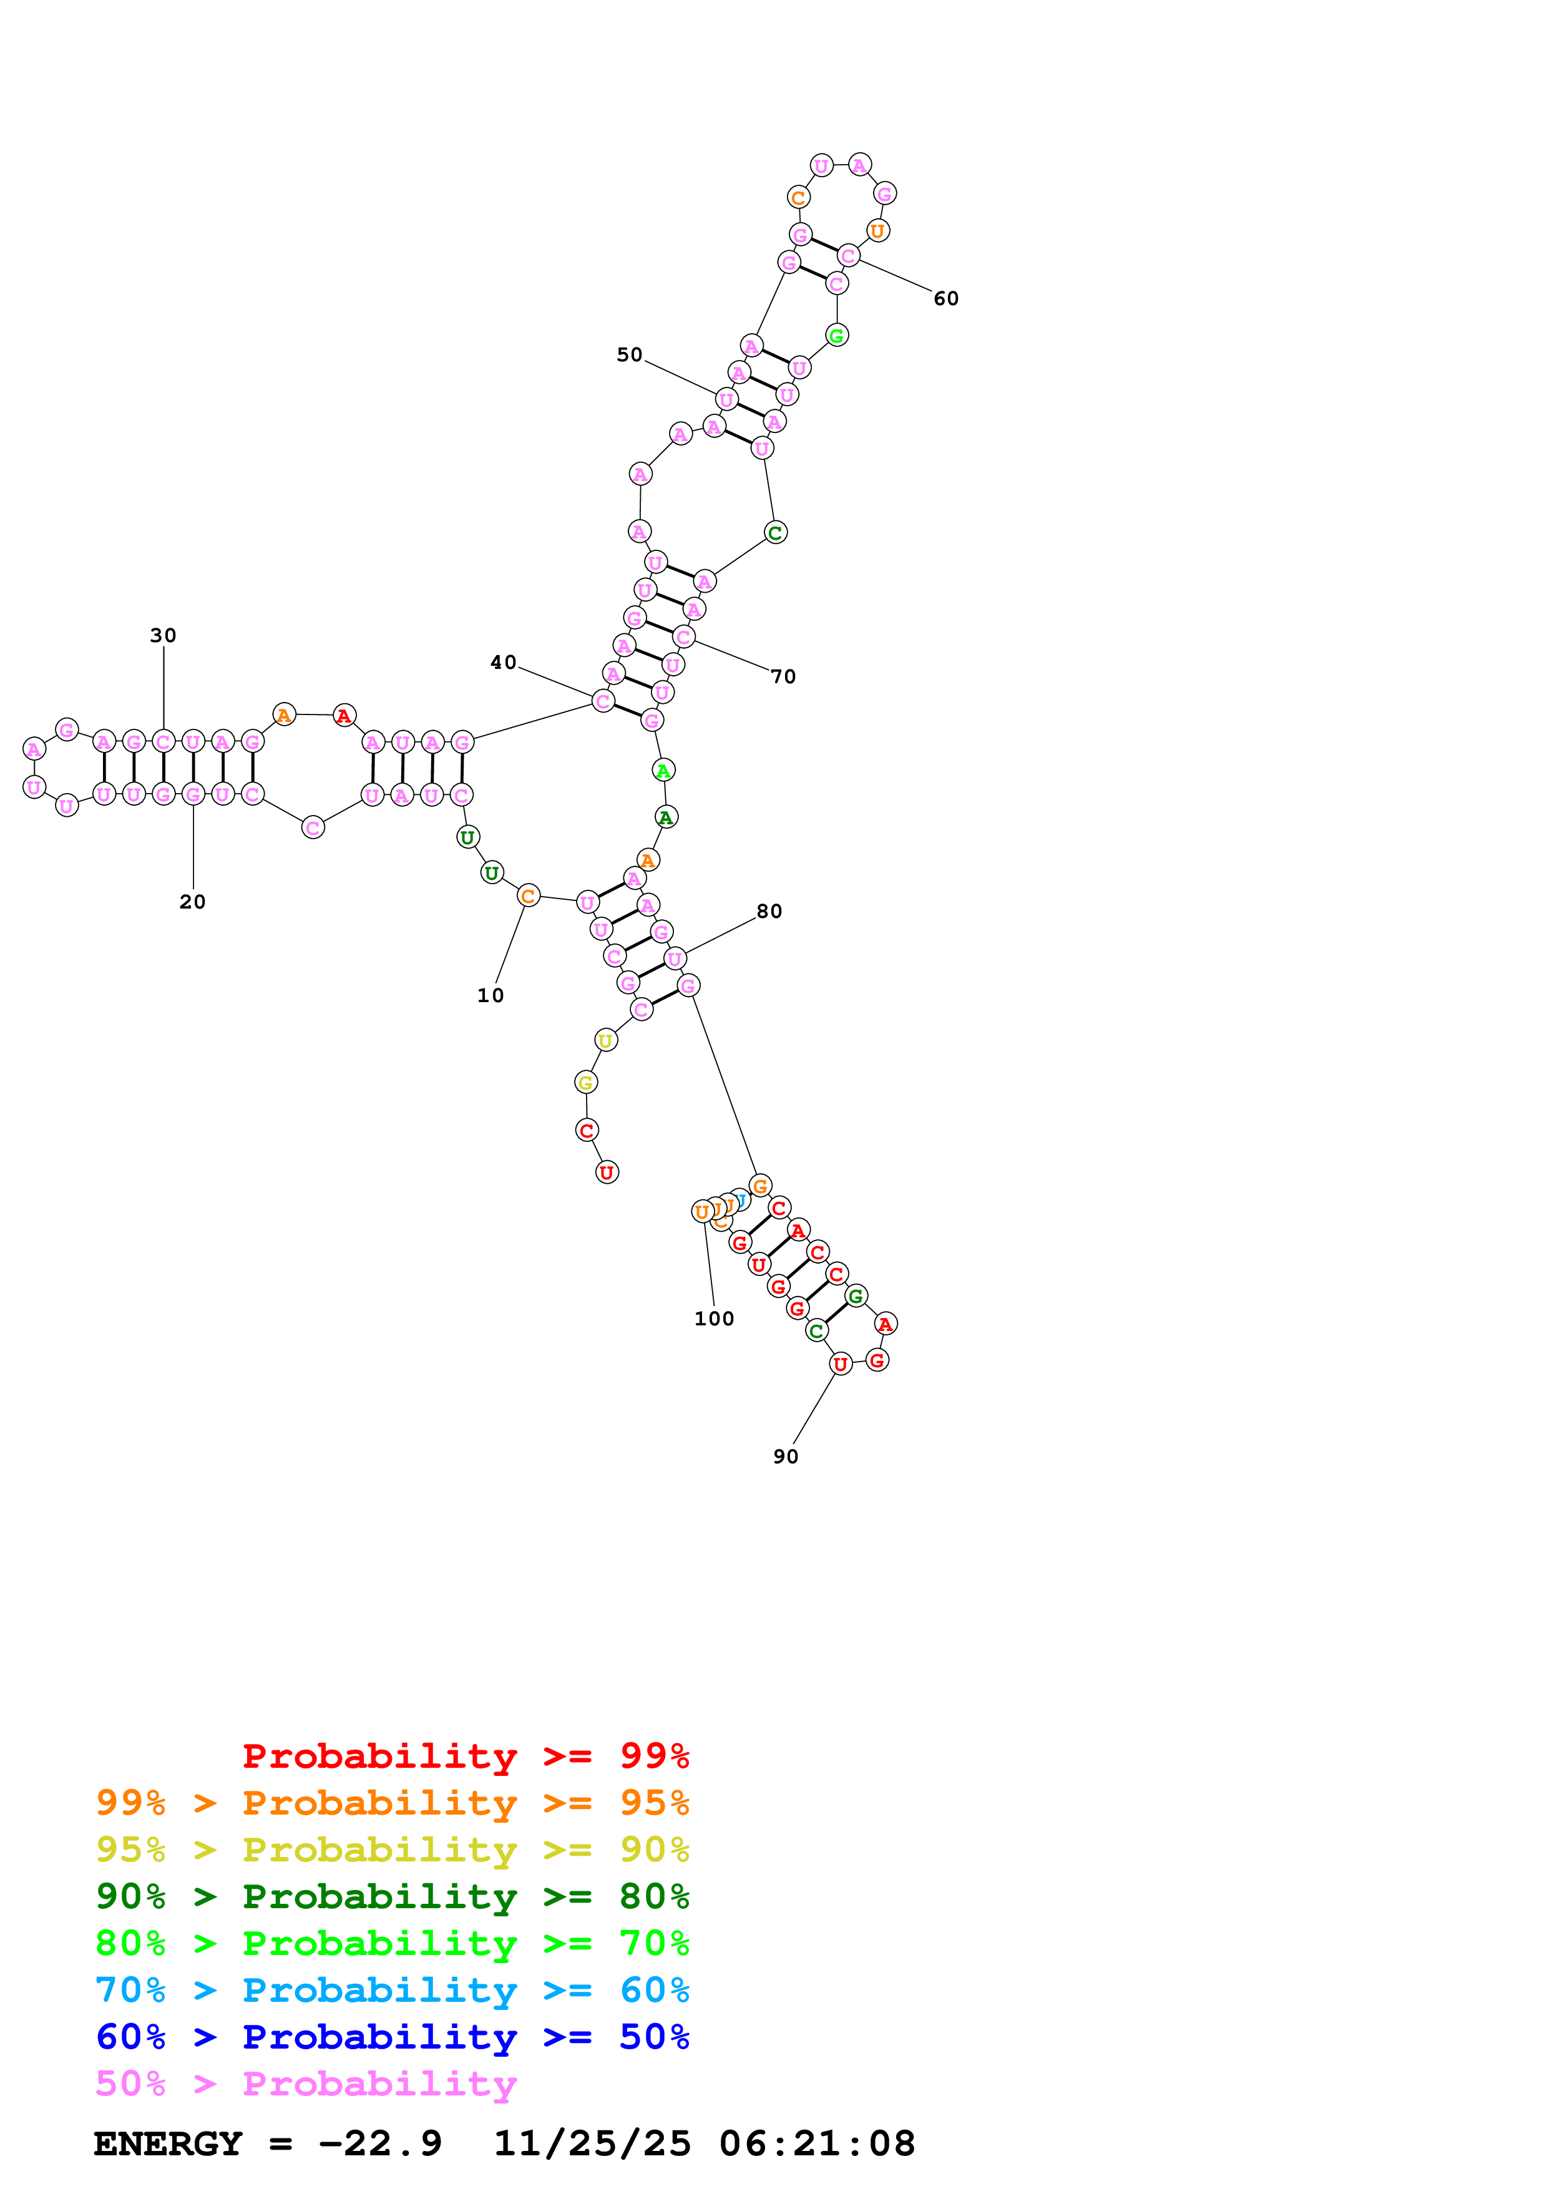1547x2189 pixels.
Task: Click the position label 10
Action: pyautogui.click(x=490, y=995)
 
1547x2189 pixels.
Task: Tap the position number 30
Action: pyautogui.click(x=163, y=635)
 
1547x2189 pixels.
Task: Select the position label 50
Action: pyautogui.click(x=629, y=354)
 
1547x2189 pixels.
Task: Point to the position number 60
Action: pyautogui.click(x=945, y=298)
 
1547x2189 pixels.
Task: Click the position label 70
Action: pyautogui.click(x=783, y=677)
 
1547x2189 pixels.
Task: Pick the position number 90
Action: pyautogui.click(x=786, y=1457)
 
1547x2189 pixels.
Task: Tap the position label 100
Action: pyautogui.click(x=714, y=1319)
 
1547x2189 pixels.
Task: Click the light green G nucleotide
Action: pyautogui.click(x=836, y=336)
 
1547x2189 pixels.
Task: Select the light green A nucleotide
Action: pyautogui.click(x=663, y=771)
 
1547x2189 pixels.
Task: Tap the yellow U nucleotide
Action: pyautogui.click(x=605, y=1040)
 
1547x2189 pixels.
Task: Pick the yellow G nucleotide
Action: pyautogui.click(x=585, y=1082)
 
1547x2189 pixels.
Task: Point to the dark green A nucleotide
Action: pyautogui.click(x=665, y=817)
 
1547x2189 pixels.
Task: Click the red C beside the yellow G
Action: pyautogui.click(x=586, y=1131)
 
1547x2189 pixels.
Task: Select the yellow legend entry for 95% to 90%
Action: pyautogui.click(x=392, y=1850)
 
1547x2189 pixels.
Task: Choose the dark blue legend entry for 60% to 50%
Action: pyautogui.click(x=392, y=2037)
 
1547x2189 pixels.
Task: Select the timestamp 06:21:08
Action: pyautogui.click(x=817, y=2143)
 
